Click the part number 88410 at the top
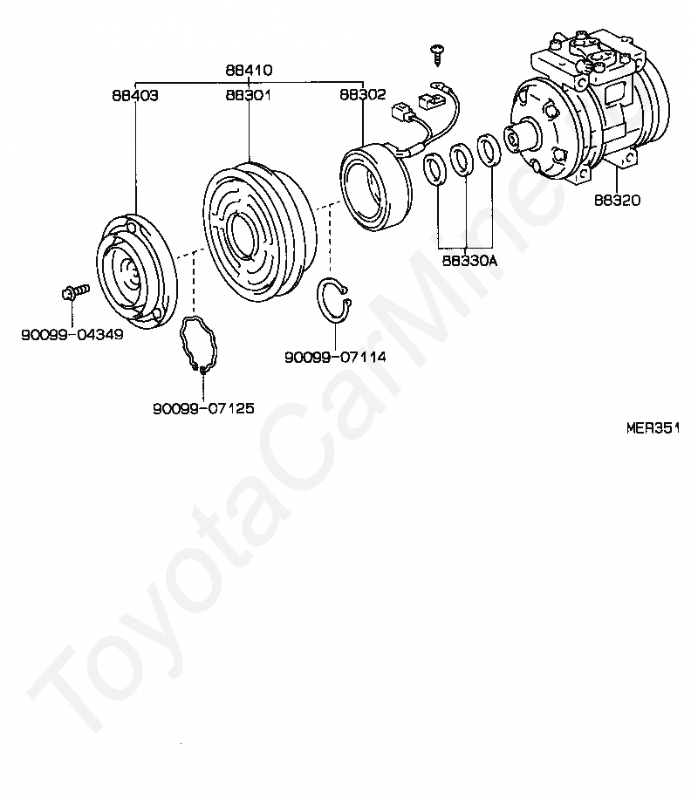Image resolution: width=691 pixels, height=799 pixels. (249, 70)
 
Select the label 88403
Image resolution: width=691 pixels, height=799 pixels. (134, 95)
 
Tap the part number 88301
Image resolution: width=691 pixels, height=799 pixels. (249, 95)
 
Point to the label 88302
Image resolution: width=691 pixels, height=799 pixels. (362, 95)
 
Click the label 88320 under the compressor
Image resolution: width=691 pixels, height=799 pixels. (618, 200)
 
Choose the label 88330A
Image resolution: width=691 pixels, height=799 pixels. (468, 259)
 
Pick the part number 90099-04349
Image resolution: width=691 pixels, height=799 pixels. (72, 333)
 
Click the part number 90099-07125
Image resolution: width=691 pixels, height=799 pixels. (203, 407)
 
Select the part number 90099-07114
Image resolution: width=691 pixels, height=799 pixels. (335, 357)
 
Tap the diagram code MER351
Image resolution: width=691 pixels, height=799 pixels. (652, 428)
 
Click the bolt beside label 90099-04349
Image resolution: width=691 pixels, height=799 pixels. (74, 291)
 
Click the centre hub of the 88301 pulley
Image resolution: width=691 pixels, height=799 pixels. (238, 236)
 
